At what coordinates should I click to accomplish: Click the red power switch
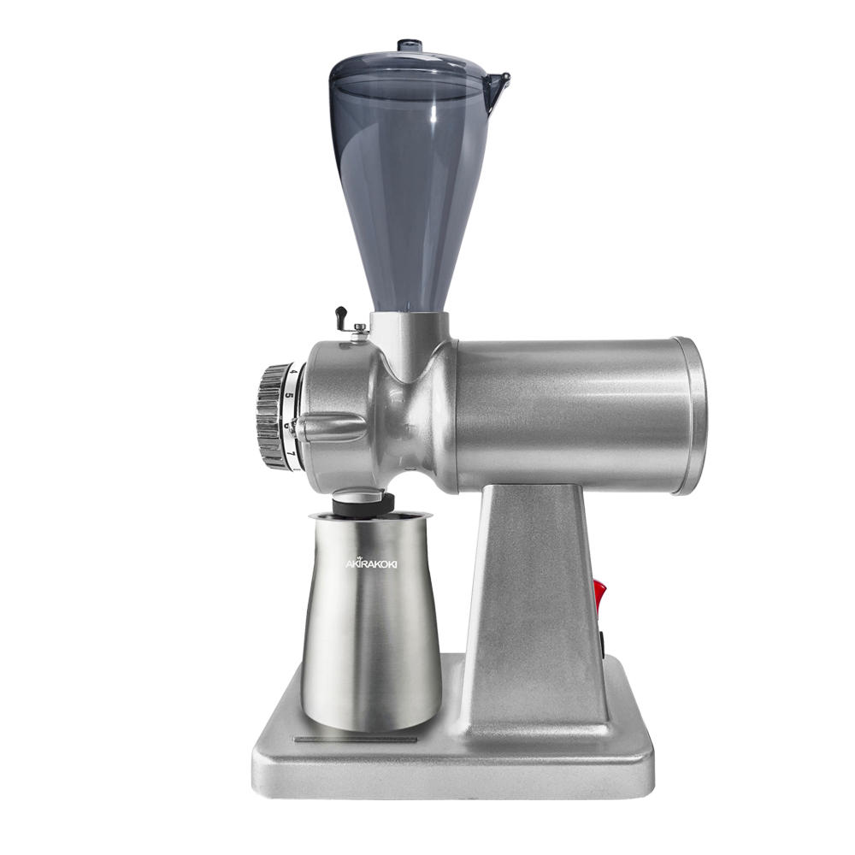point(599,597)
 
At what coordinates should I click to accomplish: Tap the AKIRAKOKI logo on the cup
point(372,563)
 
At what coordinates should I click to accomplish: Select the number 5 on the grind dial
point(290,396)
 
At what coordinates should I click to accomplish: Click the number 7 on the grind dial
point(292,453)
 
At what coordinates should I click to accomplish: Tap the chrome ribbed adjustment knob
point(271,415)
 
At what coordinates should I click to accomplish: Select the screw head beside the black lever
point(359,327)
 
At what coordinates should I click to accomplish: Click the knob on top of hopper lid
point(412,44)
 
